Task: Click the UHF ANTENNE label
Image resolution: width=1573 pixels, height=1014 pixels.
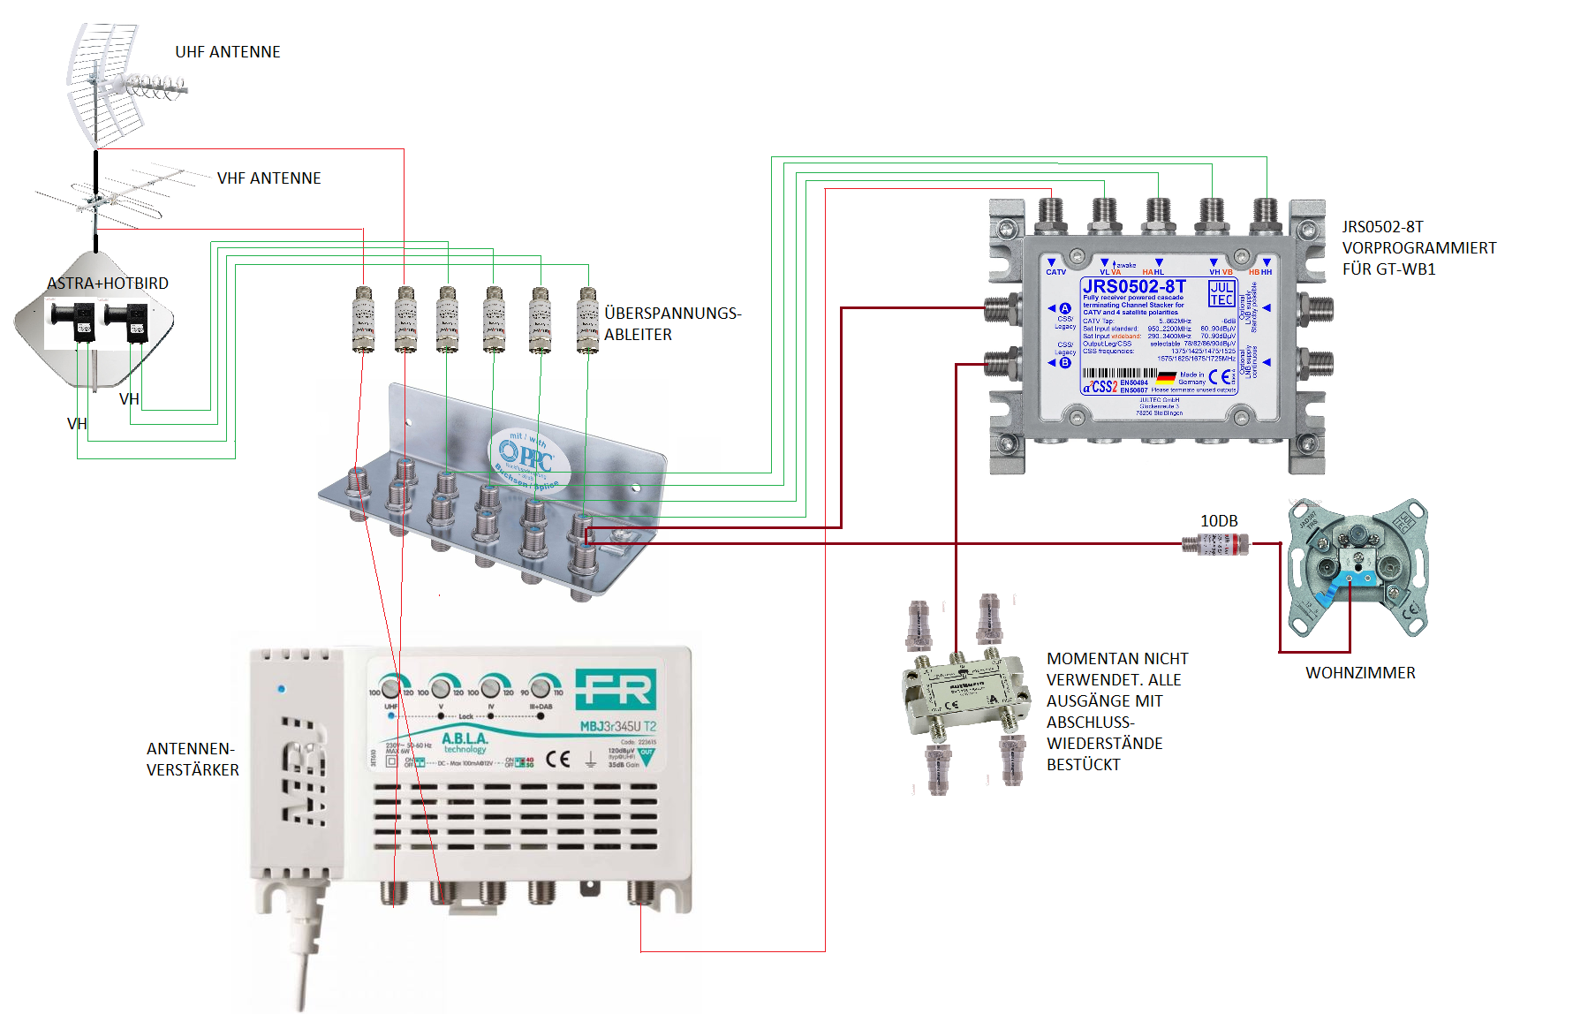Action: [x=227, y=52]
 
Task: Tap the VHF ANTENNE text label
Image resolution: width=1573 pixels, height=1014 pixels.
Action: [x=268, y=178]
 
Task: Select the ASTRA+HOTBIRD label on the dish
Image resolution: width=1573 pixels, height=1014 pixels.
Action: [x=108, y=284]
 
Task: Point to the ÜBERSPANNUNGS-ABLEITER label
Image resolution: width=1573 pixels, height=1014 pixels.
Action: [x=672, y=323]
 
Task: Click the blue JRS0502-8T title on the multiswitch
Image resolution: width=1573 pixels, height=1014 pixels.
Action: [x=1134, y=286]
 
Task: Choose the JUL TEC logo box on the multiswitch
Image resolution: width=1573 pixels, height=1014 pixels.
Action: [x=1221, y=293]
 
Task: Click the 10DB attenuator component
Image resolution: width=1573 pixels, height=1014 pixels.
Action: [x=1216, y=544]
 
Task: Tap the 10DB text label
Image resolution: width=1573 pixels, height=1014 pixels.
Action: [x=1219, y=521]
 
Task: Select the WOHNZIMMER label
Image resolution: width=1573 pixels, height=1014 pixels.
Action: [x=1360, y=673]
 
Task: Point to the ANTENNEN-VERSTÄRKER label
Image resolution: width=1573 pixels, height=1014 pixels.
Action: [x=193, y=760]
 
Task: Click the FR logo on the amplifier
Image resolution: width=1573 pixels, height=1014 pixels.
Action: [x=616, y=689]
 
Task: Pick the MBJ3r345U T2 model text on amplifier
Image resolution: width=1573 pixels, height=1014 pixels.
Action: [x=618, y=727]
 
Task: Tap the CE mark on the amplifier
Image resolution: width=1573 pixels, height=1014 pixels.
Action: [x=558, y=759]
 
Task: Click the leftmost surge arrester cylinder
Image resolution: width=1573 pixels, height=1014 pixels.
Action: [x=362, y=319]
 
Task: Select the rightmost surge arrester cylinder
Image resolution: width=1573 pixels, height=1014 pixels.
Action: [x=587, y=319]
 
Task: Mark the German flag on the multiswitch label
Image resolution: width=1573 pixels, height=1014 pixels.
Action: [x=1166, y=377]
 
